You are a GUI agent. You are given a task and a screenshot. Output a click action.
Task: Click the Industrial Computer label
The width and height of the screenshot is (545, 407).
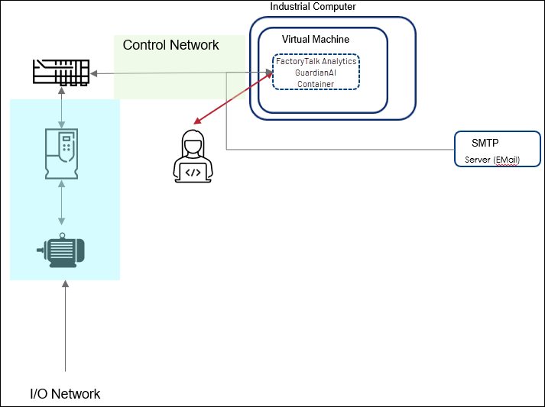coord(313,7)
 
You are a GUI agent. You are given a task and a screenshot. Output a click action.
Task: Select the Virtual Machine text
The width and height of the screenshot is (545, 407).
coord(315,39)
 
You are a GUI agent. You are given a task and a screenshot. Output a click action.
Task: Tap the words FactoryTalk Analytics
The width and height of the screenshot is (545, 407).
coord(316,61)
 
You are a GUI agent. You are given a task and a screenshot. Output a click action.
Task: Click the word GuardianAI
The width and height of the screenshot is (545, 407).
coord(316,73)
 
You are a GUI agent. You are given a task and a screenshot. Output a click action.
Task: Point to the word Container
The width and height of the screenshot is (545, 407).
coord(316,84)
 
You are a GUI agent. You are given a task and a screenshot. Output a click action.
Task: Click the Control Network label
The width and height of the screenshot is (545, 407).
coord(170,45)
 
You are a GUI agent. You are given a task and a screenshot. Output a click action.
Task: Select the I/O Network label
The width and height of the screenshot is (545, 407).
coord(65,394)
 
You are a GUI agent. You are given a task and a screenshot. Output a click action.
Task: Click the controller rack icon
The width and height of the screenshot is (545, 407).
coord(62,72)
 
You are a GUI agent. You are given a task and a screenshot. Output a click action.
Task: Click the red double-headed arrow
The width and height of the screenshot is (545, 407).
coord(233,98)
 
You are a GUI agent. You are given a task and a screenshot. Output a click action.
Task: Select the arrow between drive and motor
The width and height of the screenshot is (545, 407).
coord(62,206)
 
